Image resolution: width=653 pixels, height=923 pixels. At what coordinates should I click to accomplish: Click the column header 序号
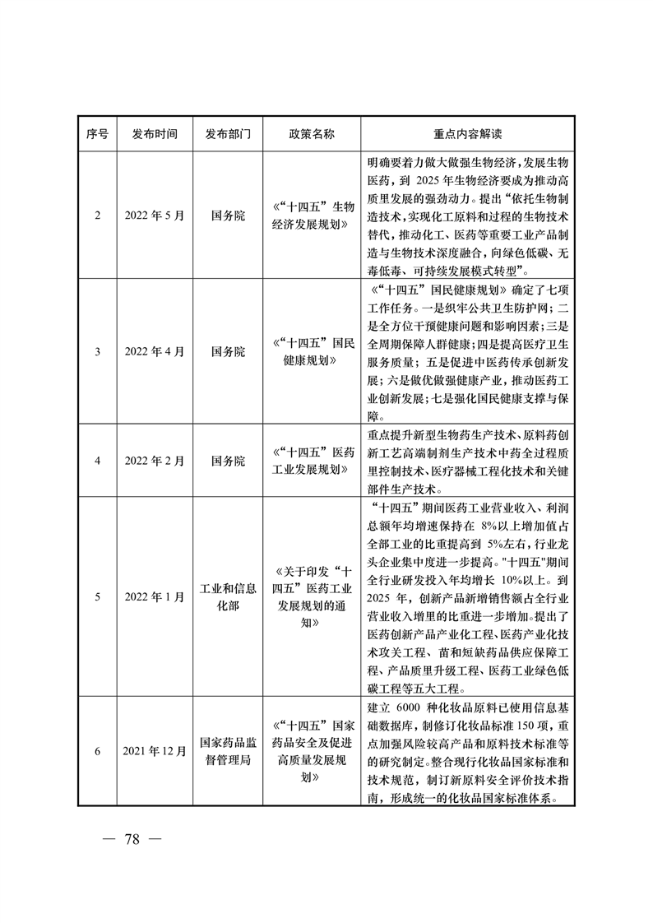tap(98, 134)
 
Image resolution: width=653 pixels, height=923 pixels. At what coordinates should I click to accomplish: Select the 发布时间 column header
tap(155, 134)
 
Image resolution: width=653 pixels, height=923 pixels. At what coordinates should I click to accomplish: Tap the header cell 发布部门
tap(228, 134)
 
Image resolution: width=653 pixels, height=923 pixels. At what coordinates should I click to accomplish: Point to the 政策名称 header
tap(313, 134)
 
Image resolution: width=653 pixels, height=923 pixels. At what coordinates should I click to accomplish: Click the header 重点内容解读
tap(467, 134)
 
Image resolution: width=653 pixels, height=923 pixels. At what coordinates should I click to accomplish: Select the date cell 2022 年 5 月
tap(155, 216)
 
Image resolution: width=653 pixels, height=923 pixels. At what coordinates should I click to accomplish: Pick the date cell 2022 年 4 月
tap(155, 352)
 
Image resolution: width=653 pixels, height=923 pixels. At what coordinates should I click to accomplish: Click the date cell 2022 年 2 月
tap(155, 461)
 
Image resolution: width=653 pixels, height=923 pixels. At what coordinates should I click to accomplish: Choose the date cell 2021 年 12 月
tap(155, 752)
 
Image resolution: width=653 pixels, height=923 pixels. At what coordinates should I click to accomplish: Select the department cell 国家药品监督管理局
tap(228, 752)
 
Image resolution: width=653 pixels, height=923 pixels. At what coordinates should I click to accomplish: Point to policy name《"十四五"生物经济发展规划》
tap(313, 216)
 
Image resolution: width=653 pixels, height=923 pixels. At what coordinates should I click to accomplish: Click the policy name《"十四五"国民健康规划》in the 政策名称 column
tap(313, 352)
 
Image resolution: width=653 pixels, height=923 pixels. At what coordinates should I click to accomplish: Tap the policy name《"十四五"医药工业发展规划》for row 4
tap(313, 461)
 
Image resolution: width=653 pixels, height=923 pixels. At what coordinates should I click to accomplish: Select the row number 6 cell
tap(98, 752)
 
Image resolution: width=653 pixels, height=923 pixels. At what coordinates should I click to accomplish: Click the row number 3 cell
tap(98, 352)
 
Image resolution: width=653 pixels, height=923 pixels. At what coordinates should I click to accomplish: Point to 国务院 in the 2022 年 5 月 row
tap(228, 216)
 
